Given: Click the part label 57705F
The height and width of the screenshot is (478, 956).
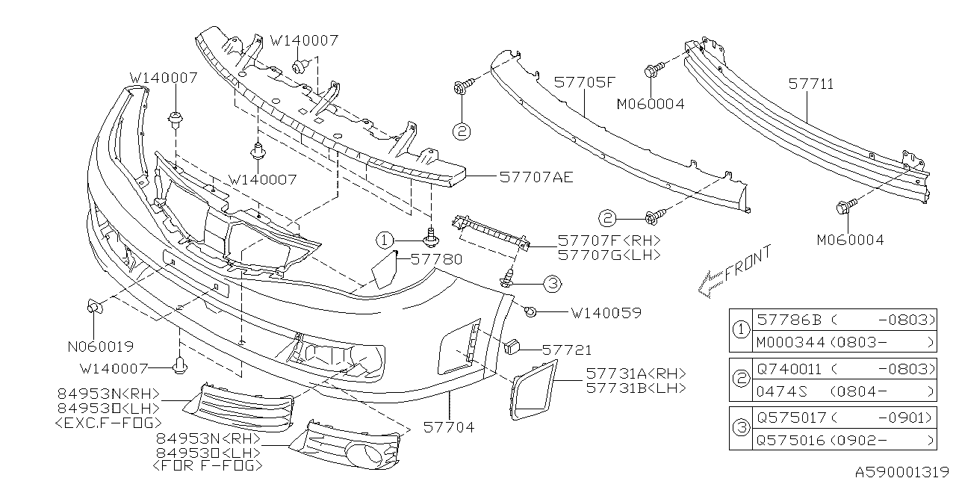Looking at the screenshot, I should (x=586, y=84).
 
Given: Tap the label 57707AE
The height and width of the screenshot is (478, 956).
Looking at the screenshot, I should (x=536, y=177).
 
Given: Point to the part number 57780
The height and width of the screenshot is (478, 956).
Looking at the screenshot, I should (x=437, y=259).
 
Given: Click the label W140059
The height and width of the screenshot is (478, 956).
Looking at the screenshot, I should (x=606, y=313).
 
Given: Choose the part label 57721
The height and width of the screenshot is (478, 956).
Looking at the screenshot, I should (x=567, y=349).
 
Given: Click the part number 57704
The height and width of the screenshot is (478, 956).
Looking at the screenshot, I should (x=450, y=427).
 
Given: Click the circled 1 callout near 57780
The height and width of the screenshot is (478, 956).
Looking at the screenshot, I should (x=384, y=240).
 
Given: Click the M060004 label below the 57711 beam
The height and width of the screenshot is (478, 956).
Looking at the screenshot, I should (x=850, y=240).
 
